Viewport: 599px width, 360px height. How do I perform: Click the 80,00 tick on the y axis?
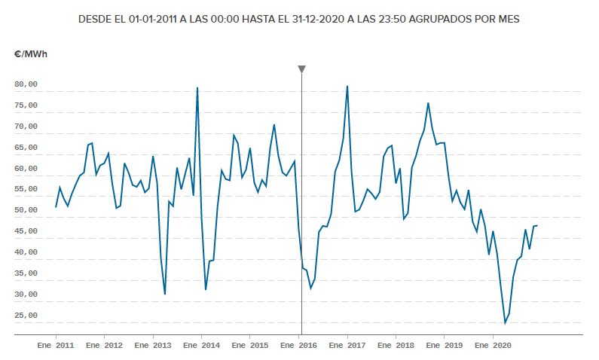26,84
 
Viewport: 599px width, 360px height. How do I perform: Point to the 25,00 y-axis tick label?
26,316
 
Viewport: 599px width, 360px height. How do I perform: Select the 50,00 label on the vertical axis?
26,210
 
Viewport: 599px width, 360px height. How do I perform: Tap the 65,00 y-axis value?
26,148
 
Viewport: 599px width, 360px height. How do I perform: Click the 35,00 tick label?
26,273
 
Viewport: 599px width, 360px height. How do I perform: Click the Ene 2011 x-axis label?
56,346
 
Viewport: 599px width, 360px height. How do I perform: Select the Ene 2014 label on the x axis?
201,346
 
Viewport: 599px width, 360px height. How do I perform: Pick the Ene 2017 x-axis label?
347,346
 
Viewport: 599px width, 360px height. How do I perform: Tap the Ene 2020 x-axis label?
493,346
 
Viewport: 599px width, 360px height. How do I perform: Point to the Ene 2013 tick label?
153,346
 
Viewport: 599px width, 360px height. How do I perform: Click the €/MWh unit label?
29,53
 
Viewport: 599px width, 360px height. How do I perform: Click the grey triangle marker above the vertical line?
301,69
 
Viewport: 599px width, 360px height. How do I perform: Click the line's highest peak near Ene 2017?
347,86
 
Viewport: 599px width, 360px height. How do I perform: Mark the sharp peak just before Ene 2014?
197,88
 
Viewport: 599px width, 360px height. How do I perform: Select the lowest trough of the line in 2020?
505,323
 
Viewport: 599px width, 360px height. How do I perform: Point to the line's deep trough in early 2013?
165,294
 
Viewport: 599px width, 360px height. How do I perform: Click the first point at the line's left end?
56,207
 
